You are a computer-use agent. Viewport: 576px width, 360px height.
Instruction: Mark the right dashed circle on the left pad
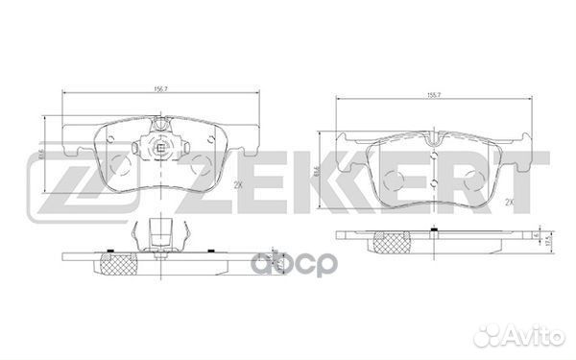[200, 164]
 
